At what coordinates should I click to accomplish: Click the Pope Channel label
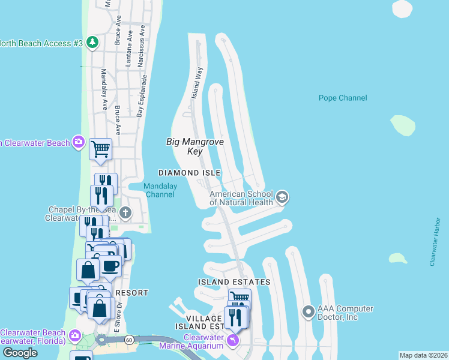click(342, 98)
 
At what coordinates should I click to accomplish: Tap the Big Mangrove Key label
click(194, 146)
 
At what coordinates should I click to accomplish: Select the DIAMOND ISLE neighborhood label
click(190, 173)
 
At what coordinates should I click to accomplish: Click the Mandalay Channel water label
click(161, 190)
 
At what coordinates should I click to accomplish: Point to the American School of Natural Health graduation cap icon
click(282, 197)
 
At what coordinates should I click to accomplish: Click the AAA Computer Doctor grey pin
click(309, 312)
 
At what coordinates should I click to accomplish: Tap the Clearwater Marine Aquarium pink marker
click(233, 340)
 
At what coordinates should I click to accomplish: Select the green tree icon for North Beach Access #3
click(92, 43)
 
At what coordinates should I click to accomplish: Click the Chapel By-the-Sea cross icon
click(125, 212)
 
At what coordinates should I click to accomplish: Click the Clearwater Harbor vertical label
click(436, 242)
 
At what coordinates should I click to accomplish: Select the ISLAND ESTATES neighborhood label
click(234, 281)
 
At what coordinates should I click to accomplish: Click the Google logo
click(20, 353)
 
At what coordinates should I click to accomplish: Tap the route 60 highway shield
click(129, 340)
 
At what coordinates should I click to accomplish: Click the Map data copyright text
click(423, 355)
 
